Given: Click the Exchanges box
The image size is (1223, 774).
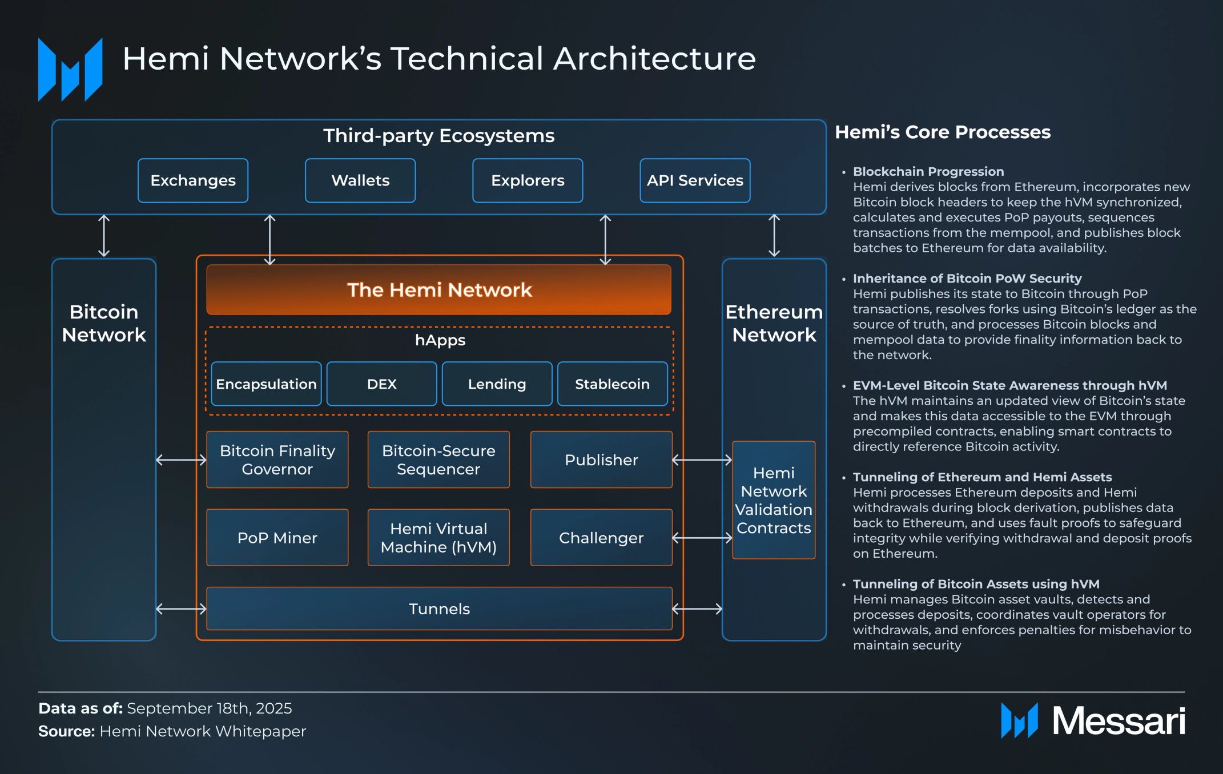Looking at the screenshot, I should click(193, 180).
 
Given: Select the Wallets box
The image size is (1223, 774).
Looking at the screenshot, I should click(360, 180).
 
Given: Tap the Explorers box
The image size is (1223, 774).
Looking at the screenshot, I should click(528, 180).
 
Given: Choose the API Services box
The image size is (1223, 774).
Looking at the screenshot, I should click(695, 180).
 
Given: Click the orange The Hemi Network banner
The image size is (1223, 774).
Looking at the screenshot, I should click(438, 289).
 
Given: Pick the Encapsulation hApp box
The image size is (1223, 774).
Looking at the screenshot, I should click(266, 384).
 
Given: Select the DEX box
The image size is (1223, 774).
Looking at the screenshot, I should click(381, 384).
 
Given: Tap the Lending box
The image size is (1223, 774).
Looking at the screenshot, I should click(497, 384).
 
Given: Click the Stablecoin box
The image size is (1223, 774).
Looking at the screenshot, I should click(612, 384).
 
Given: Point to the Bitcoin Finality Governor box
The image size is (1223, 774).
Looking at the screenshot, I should click(277, 459).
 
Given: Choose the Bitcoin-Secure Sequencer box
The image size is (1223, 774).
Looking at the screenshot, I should click(438, 459).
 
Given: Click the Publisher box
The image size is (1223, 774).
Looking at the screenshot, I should click(601, 459).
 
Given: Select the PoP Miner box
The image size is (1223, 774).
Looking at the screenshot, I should click(277, 538).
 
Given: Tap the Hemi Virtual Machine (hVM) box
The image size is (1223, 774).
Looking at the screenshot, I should click(438, 538).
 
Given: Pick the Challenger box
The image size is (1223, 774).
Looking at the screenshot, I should click(601, 538).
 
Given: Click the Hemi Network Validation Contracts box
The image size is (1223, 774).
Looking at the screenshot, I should click(774, 500).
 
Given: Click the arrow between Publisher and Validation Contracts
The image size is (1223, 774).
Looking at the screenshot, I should click(702, 460).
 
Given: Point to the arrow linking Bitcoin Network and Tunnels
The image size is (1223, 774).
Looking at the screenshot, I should click(181, 609).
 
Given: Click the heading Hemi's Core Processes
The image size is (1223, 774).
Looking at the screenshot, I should click(943, 132).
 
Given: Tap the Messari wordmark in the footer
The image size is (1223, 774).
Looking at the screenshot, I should click(1119, 721).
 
